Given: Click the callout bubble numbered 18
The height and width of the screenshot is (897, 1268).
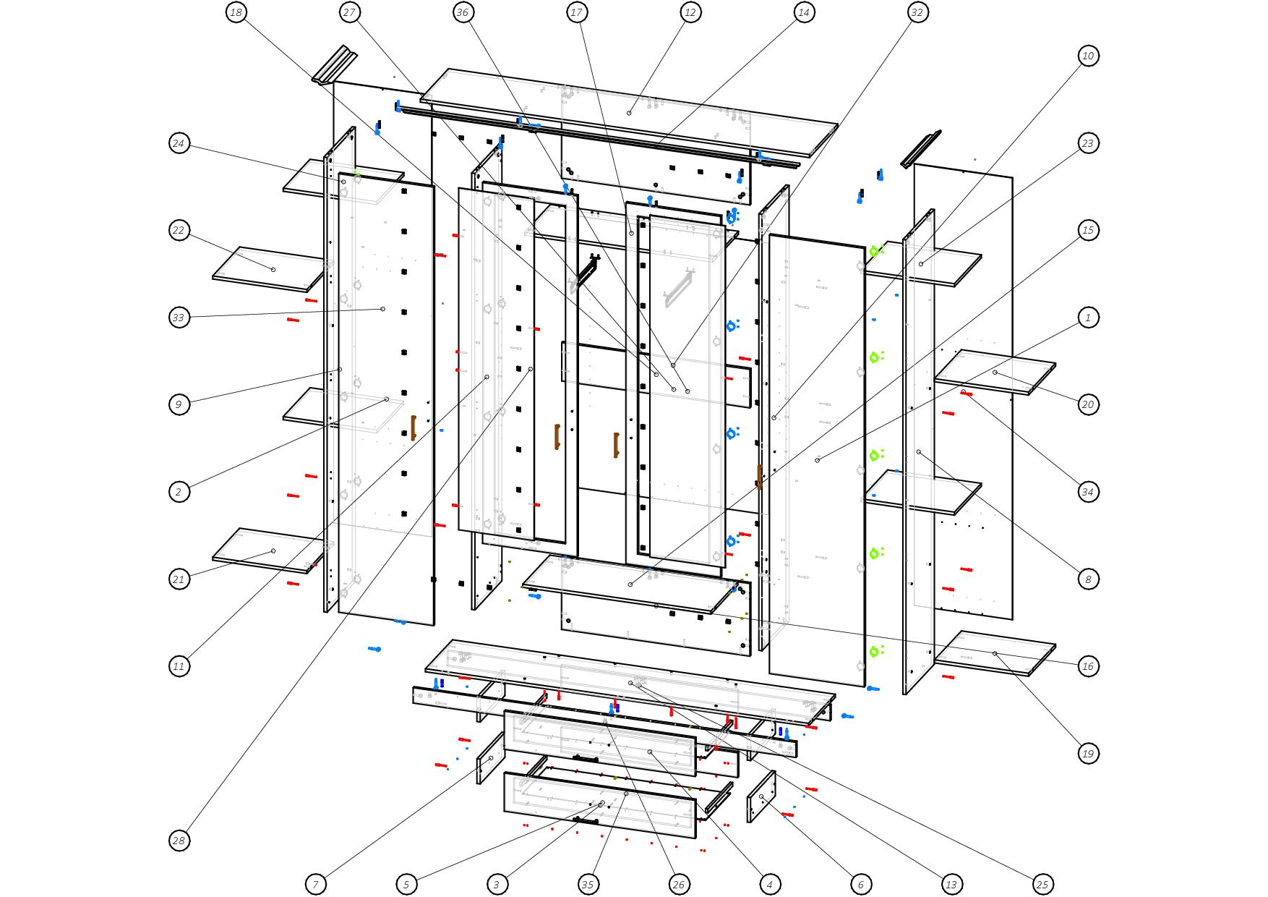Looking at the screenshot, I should tap(236, 12).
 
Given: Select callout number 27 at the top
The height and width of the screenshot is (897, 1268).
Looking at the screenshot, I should tap(350, 12).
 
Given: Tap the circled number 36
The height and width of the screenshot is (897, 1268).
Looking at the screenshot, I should tap(463, 12).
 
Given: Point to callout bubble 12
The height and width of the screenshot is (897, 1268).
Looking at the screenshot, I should tap(690, 12).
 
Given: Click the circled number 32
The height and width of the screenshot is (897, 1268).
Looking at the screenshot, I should tap(917, 12).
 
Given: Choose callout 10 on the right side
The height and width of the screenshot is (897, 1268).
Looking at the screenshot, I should tap(1088, 56).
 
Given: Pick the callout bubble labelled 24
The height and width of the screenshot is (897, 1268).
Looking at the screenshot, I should tap(179, 143).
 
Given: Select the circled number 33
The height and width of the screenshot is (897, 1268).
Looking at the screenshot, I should tap(179, 318).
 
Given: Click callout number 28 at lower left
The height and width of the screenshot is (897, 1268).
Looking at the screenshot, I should tap(179, 841).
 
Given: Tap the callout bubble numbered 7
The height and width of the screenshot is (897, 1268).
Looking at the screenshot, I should tap(315, 884).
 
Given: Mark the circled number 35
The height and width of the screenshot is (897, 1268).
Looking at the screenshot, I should tap(588, 884).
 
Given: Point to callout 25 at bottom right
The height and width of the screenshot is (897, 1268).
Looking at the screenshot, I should tap(1042, 884).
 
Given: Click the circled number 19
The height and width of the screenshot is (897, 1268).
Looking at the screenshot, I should tap(1088, 753).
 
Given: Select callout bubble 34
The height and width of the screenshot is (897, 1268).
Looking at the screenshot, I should tap(1088, 492).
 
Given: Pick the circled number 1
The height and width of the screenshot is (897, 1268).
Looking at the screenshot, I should tap(1088, 318).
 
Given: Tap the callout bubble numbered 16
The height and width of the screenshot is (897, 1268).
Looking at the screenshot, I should tap(1088, 666).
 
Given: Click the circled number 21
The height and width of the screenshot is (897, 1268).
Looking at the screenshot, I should tap(179, 579).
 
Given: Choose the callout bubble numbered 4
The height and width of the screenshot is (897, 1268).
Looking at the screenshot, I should tap(769, 884).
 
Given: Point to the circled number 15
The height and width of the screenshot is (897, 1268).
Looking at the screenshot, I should tap(1088, 231).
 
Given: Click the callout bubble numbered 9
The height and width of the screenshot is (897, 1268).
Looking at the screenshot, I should tap(179, 404).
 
